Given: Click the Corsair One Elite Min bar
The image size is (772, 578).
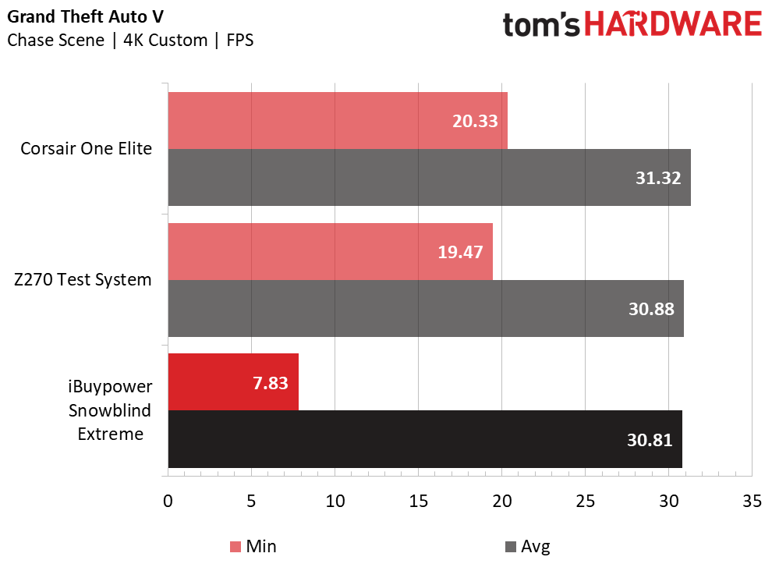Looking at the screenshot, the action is pos(338,121).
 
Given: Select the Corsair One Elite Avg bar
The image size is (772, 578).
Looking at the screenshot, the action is pos(430,177).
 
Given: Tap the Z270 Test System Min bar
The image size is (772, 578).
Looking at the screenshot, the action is pos(331,252).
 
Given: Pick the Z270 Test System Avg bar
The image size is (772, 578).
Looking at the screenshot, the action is pos(426,309).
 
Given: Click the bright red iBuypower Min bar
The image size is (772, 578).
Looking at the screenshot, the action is pos(233,382).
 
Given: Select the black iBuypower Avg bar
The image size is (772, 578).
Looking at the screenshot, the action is pos(426,439).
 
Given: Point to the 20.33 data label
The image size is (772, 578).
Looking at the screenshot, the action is pos(475,121).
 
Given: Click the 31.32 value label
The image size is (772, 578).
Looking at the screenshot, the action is pos(658,178).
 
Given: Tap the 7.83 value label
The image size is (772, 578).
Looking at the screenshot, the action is pos(271,383).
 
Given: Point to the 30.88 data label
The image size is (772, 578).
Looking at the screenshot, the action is pos(651,309).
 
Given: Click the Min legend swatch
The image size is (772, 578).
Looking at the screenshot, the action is pos(235,547).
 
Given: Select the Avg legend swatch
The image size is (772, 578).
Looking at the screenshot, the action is pos(511,547).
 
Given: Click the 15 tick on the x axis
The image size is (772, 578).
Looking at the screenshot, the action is pos(419,502).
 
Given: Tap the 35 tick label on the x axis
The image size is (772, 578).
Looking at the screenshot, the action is pos(752,502).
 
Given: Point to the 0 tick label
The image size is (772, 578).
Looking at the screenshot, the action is pos(168,502).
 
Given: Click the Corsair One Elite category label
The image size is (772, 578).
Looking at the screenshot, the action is pos(86,149).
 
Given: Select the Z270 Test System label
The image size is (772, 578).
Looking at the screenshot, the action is pos(83,280).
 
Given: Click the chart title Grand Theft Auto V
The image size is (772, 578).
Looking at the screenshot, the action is pos(85,16).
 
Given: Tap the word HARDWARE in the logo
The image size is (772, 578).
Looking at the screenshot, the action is pos(673,24).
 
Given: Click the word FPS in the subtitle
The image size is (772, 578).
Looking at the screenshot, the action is pos(239,40).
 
